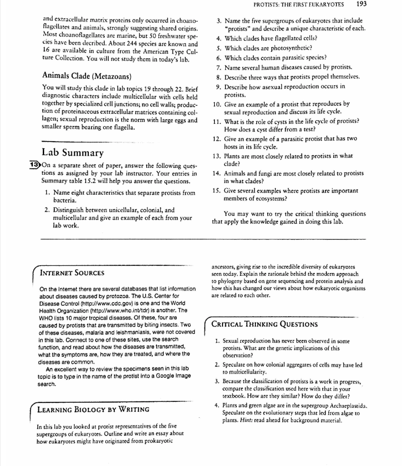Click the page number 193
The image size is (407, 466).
pyautogui.click(x=361, y=4)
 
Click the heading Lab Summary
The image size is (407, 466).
pyautogui.click(x=72, y=152)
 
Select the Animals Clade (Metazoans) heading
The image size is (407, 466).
pyautogui.click(x=87, y=75)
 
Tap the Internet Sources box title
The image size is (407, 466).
pyautogui.click(x=72, y=273)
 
